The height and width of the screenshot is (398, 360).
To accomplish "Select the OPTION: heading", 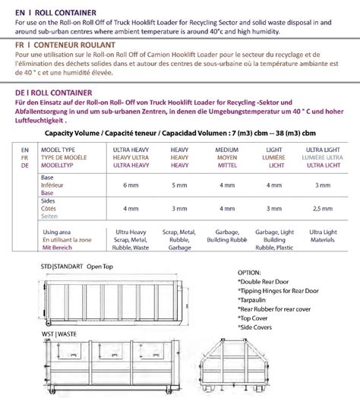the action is coord(251,271).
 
